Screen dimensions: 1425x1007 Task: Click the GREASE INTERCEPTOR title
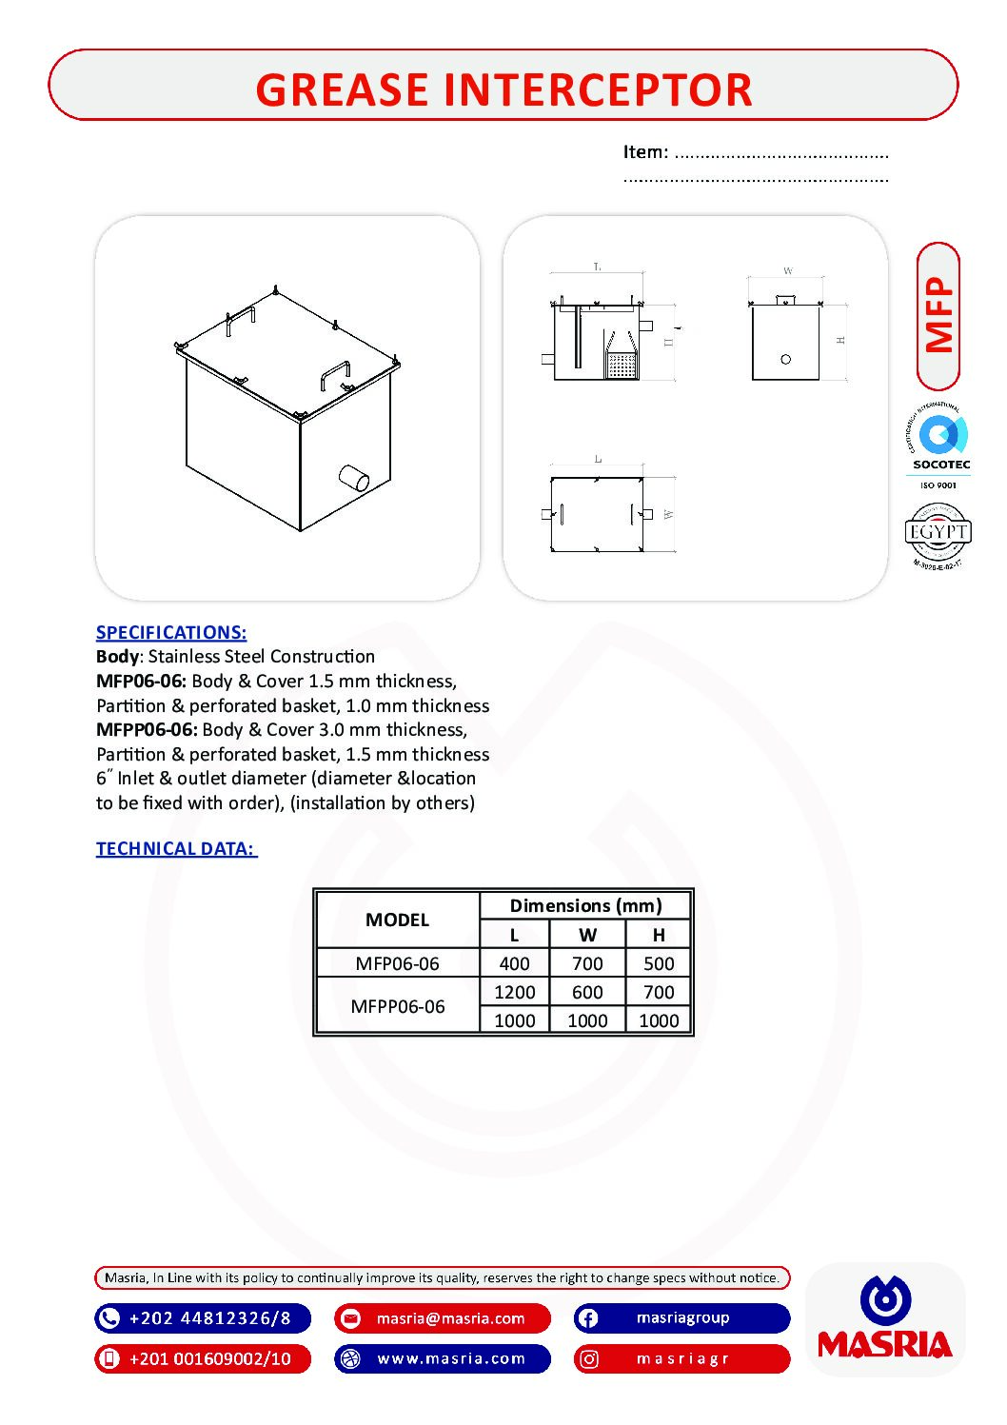click(503, 89)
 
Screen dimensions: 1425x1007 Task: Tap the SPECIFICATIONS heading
click(171, 632)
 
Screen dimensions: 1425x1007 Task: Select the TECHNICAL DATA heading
click(176, 848)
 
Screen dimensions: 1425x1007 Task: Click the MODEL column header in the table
click(397, 920)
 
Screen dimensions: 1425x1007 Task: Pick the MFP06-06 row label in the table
click(397, 963)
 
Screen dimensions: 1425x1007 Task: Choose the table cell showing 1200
click(514, 992)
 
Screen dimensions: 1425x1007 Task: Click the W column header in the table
click(587, 935)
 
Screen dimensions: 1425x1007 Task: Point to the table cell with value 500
click(658, 963)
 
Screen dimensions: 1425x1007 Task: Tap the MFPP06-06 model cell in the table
click(397, 1006)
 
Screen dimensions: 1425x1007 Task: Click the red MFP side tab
click(938, 316)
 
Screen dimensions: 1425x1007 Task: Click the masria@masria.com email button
click(443, 1318)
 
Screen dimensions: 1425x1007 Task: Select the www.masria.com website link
click(443, 1358)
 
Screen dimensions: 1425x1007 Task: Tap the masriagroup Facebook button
click(681, 1318)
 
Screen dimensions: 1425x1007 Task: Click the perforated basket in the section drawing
click(622, 364)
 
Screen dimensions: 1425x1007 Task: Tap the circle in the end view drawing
click(785, 359)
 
